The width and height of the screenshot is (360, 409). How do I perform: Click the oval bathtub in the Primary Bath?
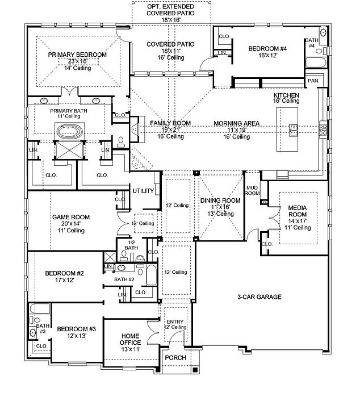coord(70,131)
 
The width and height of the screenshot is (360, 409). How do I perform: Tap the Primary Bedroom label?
coord(77,55)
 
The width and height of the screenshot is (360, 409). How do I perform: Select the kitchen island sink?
coord(294,130)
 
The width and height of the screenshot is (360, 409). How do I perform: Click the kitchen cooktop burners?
coord(323,130)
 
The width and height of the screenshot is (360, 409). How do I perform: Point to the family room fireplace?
coord(135,130)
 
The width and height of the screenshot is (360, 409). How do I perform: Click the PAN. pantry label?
coord(313,81)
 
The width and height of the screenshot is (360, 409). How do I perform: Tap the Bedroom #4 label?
coord(267,48)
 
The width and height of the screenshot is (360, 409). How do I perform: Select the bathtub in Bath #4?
coord(316,62)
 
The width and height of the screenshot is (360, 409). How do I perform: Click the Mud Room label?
coord(252,190)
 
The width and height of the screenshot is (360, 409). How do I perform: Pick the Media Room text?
coord(298,211)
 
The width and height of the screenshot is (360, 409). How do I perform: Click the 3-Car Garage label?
coord(259,297)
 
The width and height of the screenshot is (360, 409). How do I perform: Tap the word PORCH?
coord(175,358)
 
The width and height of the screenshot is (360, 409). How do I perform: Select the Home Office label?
coord(131,339)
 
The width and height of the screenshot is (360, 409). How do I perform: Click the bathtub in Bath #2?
coord(151,275)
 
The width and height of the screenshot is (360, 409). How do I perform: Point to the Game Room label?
coord(71,217)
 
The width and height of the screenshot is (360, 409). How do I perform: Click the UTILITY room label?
coord(143,191)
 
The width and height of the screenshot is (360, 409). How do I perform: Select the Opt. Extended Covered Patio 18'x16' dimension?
coord(171,20)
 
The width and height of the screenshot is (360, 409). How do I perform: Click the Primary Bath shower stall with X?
coord(70,150)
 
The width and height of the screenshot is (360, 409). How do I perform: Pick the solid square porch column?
coord(195,370)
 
